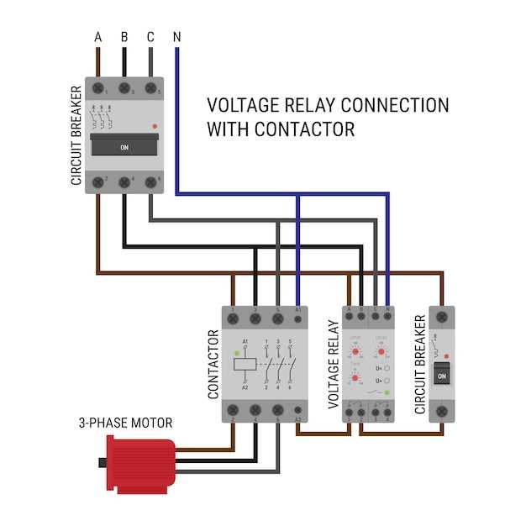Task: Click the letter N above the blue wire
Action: point(176,37)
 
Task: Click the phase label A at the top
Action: point(98,37)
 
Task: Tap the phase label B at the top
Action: point(124,37)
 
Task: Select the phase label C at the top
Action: point(150,37)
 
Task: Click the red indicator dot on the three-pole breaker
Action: point(154,125)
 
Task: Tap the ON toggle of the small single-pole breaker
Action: point(442,375)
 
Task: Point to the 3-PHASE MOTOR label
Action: point(125,423)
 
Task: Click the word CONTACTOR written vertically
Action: point(213,364)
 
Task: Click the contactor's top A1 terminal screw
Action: point(299,319)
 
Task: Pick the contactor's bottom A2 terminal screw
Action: point(299,411)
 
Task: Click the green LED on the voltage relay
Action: point(386,392)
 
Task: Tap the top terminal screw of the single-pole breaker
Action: point(442,318)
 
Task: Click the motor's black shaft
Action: point(103,462)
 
